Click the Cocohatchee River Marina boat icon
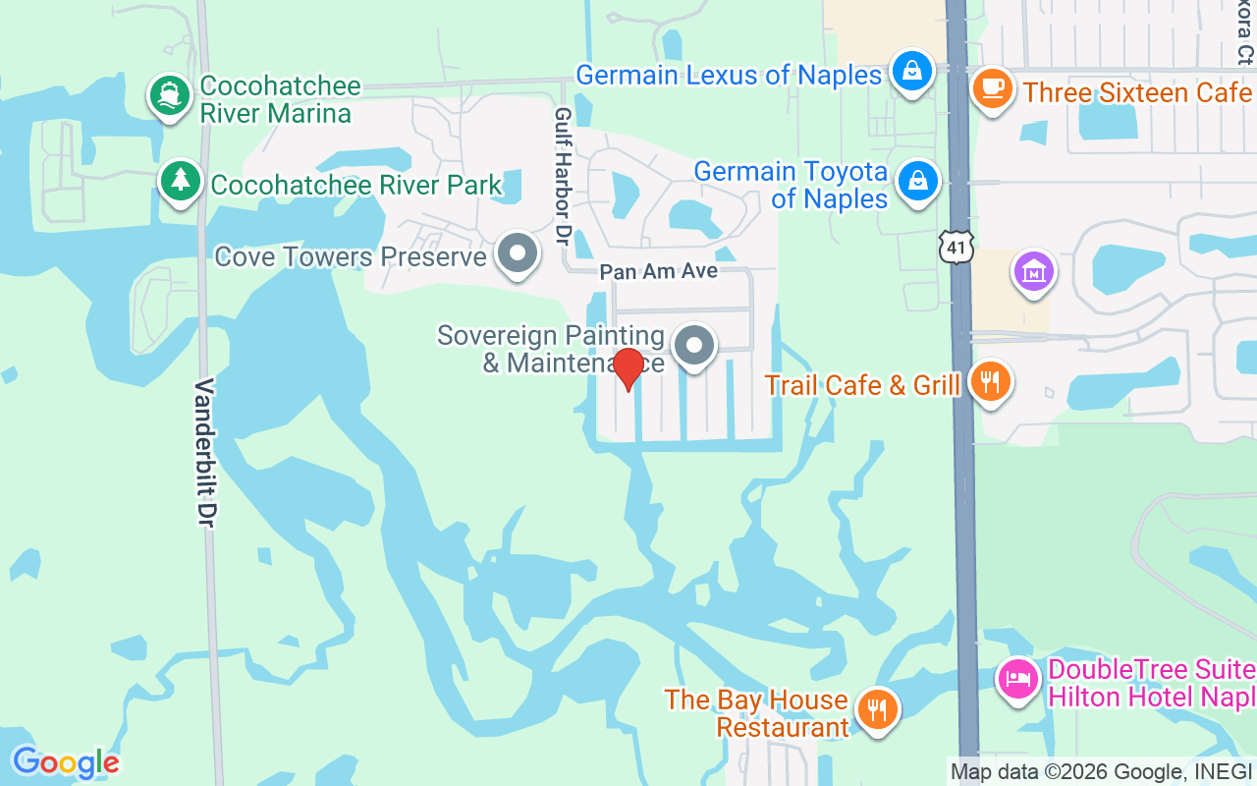170,96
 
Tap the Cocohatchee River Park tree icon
180,181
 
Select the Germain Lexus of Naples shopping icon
912,71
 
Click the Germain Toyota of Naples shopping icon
917,181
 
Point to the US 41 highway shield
956,247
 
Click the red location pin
628,369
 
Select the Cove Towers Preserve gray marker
518,254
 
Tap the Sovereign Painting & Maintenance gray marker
695,346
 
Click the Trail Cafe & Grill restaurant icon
990,381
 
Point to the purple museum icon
1033,271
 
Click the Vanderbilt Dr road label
206,452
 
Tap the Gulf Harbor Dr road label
563,177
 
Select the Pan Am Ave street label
659,271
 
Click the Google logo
65,762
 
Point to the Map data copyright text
1100,771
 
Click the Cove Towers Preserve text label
351,257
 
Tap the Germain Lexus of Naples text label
729,76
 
